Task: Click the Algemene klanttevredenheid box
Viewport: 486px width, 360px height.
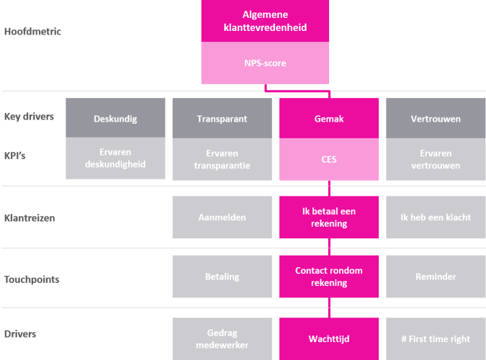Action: [x=265, y=21]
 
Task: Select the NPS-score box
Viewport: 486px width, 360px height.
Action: [x=265, y=63]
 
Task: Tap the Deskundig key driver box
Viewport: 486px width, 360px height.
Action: [x=115, y=118]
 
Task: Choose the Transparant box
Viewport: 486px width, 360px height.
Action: [x=222, y=118]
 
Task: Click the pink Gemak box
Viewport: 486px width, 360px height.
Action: [x=329, y=118]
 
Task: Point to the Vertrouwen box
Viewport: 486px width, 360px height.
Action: [x=436, y=118]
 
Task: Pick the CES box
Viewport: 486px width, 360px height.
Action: [x=329, y=159]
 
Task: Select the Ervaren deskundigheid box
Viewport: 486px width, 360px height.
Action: [x=115, y=158]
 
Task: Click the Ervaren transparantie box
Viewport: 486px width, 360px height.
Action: [x=222, y=159]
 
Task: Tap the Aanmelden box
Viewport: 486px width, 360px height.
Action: [x=222, y=217]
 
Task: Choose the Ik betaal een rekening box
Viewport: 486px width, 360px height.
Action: [x=329, y=217]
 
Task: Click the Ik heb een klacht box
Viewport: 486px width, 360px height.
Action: [x=436, y=217]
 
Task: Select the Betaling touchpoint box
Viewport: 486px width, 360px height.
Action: [x=222, y=276]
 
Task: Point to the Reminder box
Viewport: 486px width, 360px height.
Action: [x=436, y=276]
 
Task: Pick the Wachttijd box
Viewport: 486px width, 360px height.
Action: [x=329, y=339]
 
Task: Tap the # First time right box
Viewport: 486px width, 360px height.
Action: [x=436, y=339]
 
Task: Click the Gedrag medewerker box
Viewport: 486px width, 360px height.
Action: [x=222, y=339]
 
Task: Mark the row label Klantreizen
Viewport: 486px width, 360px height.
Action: [x=30, y=218]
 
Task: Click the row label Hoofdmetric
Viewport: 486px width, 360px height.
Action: [x=32, y=31]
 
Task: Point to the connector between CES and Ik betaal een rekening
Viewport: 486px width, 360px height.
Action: [x=329, y=188]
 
